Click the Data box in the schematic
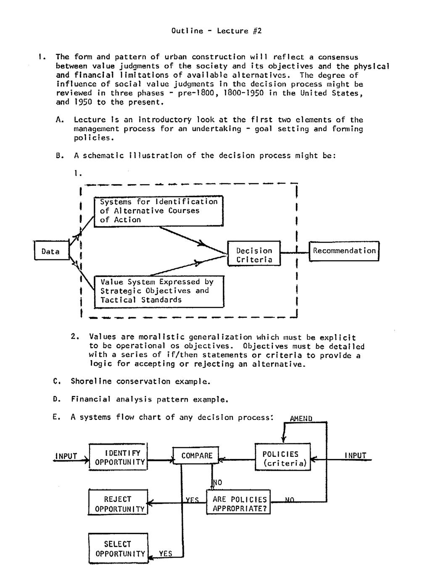coord(51,251)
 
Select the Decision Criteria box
coord(254,255)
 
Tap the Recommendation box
coord(344,251)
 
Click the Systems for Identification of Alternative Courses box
coord(158,211)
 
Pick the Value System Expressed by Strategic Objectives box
coord(159,291)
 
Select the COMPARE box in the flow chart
coord(197,456)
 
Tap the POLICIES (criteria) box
coord(283,459)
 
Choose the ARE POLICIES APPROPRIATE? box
coord(239,504)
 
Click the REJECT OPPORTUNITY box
coord(118,504)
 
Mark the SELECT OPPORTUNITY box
coord(118,548)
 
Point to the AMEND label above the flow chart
coord(301,419)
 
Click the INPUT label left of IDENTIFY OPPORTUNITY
coord(66,456)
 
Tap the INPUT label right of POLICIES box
coord(356,456)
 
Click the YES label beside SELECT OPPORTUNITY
coord(166,554)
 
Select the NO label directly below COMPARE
coord(218,482)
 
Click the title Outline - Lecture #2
coord(216,31)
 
